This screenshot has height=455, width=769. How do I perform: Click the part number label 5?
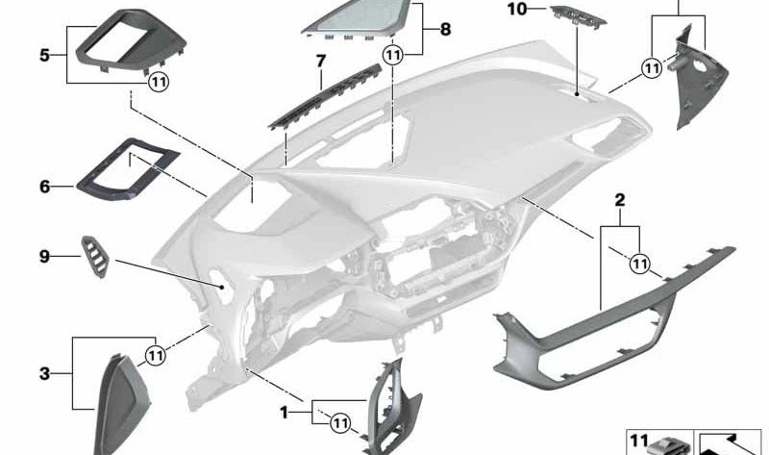[44, 55]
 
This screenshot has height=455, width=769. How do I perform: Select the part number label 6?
[44, 186]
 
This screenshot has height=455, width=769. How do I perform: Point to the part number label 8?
[445, 30]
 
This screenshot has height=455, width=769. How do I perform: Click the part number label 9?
[44, 256]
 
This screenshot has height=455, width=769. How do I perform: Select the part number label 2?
[620, 201]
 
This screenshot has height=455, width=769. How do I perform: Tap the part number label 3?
[44, 372]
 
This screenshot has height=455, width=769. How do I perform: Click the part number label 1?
[284, 412]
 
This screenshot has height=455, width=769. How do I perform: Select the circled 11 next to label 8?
[392, 57]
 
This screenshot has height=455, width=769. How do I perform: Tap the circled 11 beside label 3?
[154, 355]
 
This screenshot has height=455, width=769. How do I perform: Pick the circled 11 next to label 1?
[338, 420]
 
